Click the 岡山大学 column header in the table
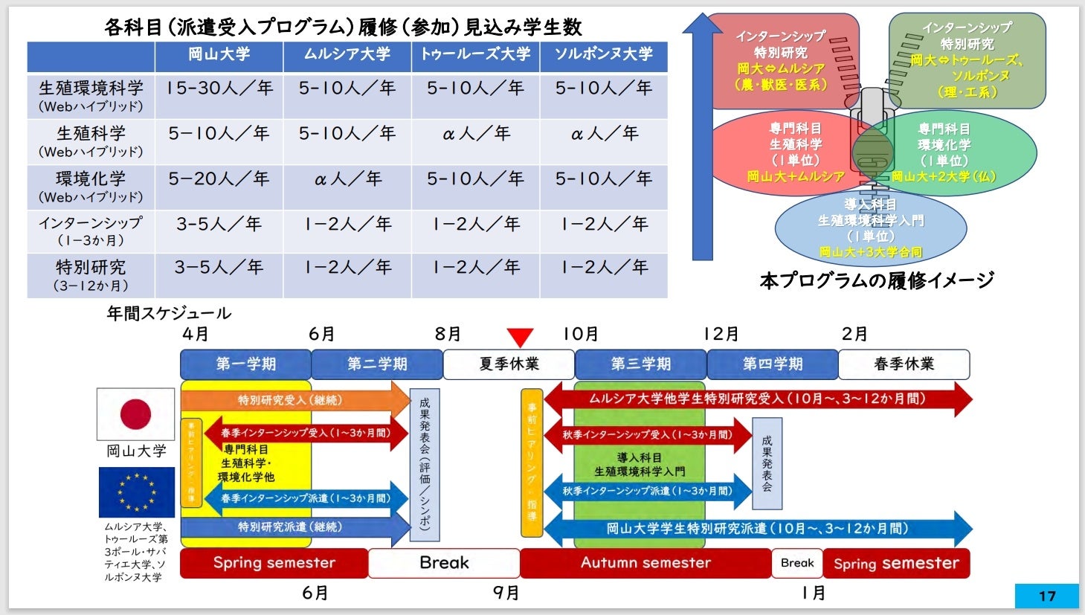(219, 55)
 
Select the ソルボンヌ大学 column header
(603, 55)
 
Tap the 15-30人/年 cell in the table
(219, 88)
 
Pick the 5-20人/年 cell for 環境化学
(219, 179)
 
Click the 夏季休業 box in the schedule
(509, 364)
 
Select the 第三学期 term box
(640, 364)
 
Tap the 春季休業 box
(904, 364)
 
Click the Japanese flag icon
(135, 414)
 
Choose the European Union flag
(136, 492)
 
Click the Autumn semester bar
(645, 563)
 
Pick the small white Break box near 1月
(797, 563)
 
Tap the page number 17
(1046, 596)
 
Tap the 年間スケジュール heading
(169, 313)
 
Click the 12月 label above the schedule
(721, 335)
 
